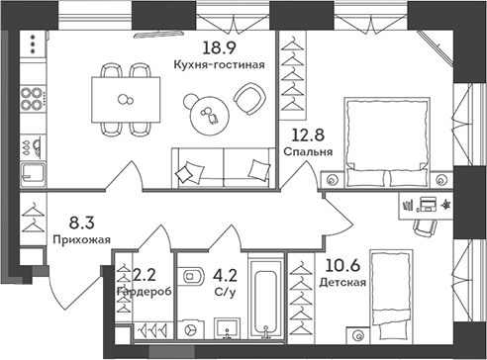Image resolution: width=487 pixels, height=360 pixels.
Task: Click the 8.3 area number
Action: pos(80,224)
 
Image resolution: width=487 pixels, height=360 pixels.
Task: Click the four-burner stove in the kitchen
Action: pos(31,103)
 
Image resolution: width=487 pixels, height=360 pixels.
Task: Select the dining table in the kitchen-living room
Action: pos(125,98)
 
